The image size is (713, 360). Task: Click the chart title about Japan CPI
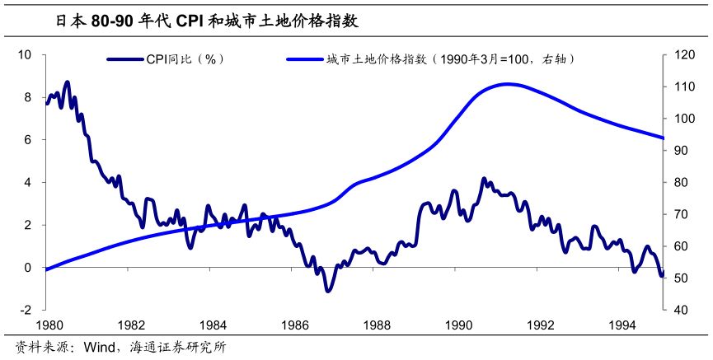206,21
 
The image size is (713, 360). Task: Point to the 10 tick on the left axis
25,54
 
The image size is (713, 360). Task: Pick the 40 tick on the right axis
683,310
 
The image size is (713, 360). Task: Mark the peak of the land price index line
508,84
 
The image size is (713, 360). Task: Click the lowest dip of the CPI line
328,291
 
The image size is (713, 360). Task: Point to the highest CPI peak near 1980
68,82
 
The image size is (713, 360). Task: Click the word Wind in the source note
97,348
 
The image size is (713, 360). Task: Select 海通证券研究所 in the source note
177,348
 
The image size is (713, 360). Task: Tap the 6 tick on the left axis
27,139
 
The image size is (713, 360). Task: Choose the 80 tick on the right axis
683,182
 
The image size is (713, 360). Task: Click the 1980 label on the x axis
48,324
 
